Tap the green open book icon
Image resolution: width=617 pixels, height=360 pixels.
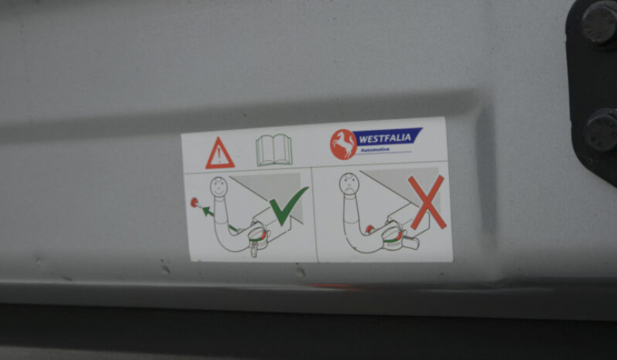(x=274, y=150)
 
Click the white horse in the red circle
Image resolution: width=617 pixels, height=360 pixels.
(x=344, y=144)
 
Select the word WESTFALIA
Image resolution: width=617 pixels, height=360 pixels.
(x=385, y=138)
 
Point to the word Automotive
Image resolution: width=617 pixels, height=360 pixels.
(x=375, y=149)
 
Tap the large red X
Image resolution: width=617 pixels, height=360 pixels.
(x=427, y=202)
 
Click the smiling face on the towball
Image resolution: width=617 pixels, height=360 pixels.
(x=219, y=186)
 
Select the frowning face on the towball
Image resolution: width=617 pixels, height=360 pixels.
(x=349, y=184)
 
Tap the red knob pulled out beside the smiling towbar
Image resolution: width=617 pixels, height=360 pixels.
(x=194, y=203)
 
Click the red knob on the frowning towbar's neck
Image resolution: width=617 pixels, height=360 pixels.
(x=369, y=229)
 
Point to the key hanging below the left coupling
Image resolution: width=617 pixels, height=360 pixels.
(x=254, y=250)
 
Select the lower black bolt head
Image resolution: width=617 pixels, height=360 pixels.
(x=603, y=131)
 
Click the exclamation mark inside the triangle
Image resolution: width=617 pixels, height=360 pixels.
(x=219, y=156)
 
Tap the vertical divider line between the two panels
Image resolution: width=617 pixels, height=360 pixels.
(x=314, y=214)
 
